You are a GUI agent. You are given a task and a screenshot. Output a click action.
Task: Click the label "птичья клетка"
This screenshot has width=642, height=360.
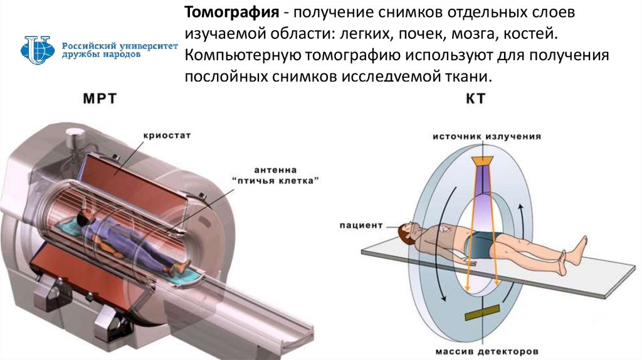(x=276, y=181)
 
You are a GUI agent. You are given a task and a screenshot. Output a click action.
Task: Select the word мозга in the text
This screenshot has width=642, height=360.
(x=471, y=34)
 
